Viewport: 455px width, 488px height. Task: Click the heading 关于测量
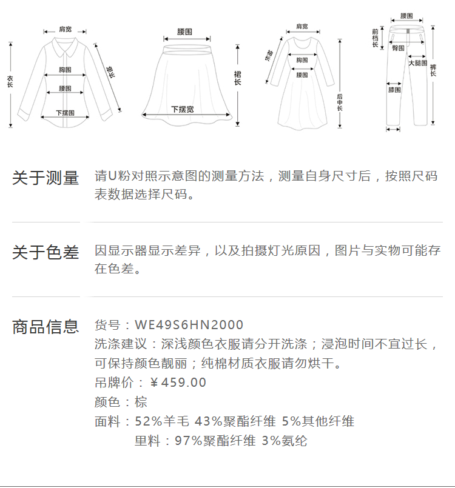pyautogui.click(x=45, y=178)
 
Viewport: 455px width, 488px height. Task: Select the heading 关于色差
pyautogui.click(x=45, y=252)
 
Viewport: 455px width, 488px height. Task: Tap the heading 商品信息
pyautogui.click(x=45, y=327)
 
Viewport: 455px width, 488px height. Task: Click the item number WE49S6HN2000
pyautogui.click(x=189, y=326)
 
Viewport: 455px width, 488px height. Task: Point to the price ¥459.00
pyautogui.click(x=178, y=383)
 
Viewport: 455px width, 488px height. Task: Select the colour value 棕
pyautogui.click(x=141, y=402)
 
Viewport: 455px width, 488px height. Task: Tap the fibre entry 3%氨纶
pyautogui.click(x=285, y=441)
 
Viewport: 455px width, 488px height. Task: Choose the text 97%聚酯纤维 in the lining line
pyautogui.click(x=215, y=441)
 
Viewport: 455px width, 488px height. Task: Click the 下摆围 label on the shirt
pyautogui.click(x=65, y=113)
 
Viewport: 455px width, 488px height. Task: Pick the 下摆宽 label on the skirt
pyautogui.click(x=182, y=109)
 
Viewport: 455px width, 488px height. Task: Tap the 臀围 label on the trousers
pyautogui.click(x=399, y=47)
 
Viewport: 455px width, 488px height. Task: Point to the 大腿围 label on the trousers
pyautogui.click(x=417, y=62)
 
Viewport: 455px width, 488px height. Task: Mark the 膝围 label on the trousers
pyautogui.click(x=394, y=90)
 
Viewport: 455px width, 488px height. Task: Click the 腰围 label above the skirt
pyautogui.click(x=185, y=31)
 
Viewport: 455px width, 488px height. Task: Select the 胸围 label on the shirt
pyautogui.click(x=66, y=69)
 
